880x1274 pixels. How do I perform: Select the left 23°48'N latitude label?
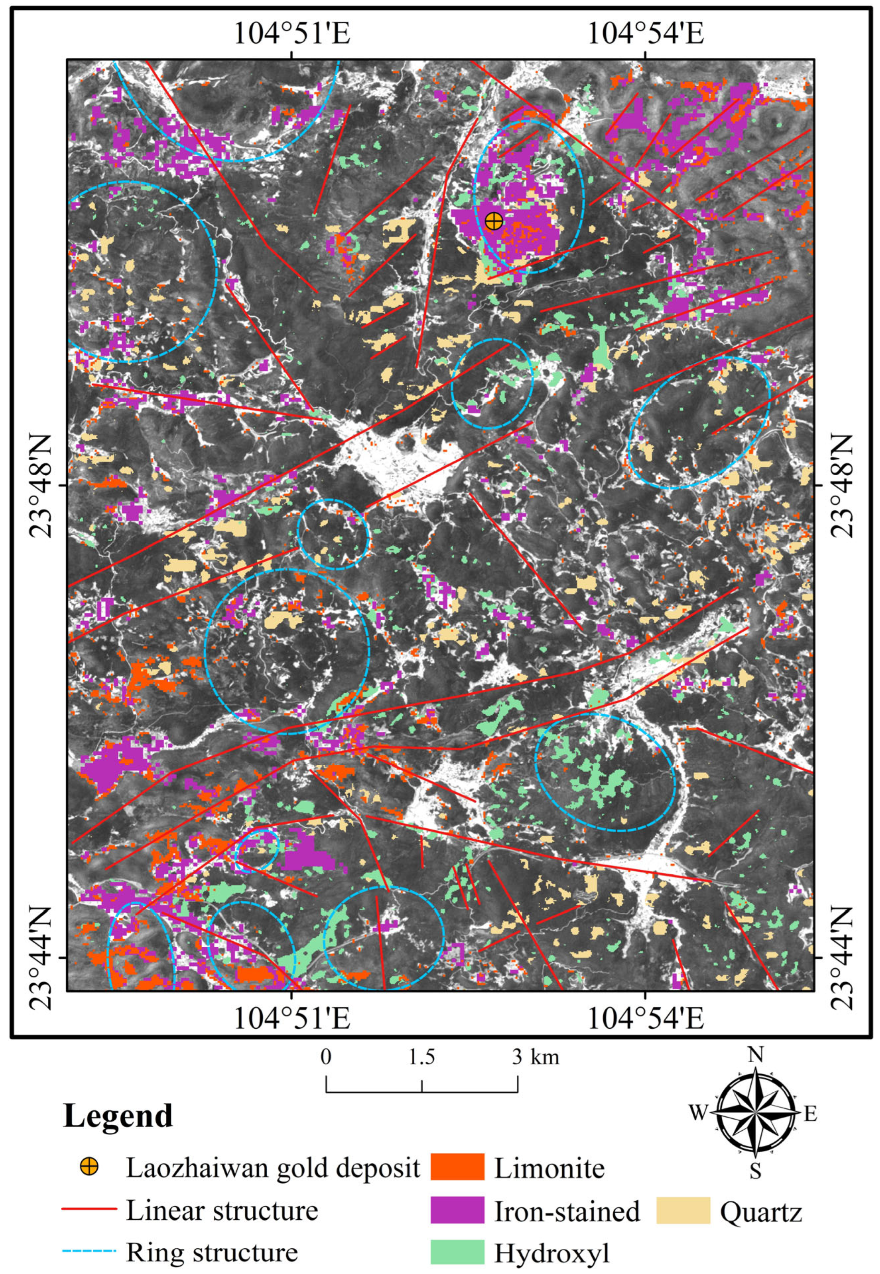point(41,486)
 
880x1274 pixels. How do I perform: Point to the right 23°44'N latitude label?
point(841,959)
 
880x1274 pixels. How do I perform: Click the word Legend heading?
point(118,1115)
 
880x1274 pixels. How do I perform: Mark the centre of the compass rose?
point(755,1113)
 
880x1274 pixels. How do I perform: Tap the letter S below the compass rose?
point(755,1170)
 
